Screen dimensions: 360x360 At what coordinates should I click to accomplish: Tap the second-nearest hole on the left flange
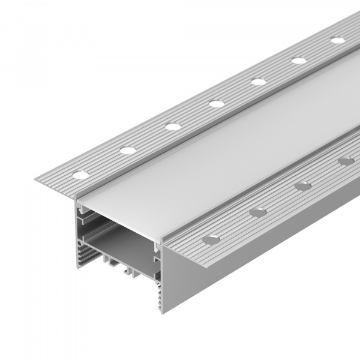(127, 150)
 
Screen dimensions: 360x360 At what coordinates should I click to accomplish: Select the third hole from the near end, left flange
(173, 127)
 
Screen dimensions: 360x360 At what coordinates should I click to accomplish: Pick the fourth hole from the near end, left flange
(217, 104)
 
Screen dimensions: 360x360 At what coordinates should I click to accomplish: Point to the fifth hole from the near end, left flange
(259, 82)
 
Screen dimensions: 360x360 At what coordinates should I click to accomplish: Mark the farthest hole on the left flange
(338, 40)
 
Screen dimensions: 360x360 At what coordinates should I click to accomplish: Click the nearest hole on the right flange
(211, 239)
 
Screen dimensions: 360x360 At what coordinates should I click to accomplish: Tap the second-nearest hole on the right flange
(259, 212)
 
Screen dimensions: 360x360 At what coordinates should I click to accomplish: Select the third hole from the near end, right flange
(304, 186)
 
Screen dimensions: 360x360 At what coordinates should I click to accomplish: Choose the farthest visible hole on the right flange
(346, 161)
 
